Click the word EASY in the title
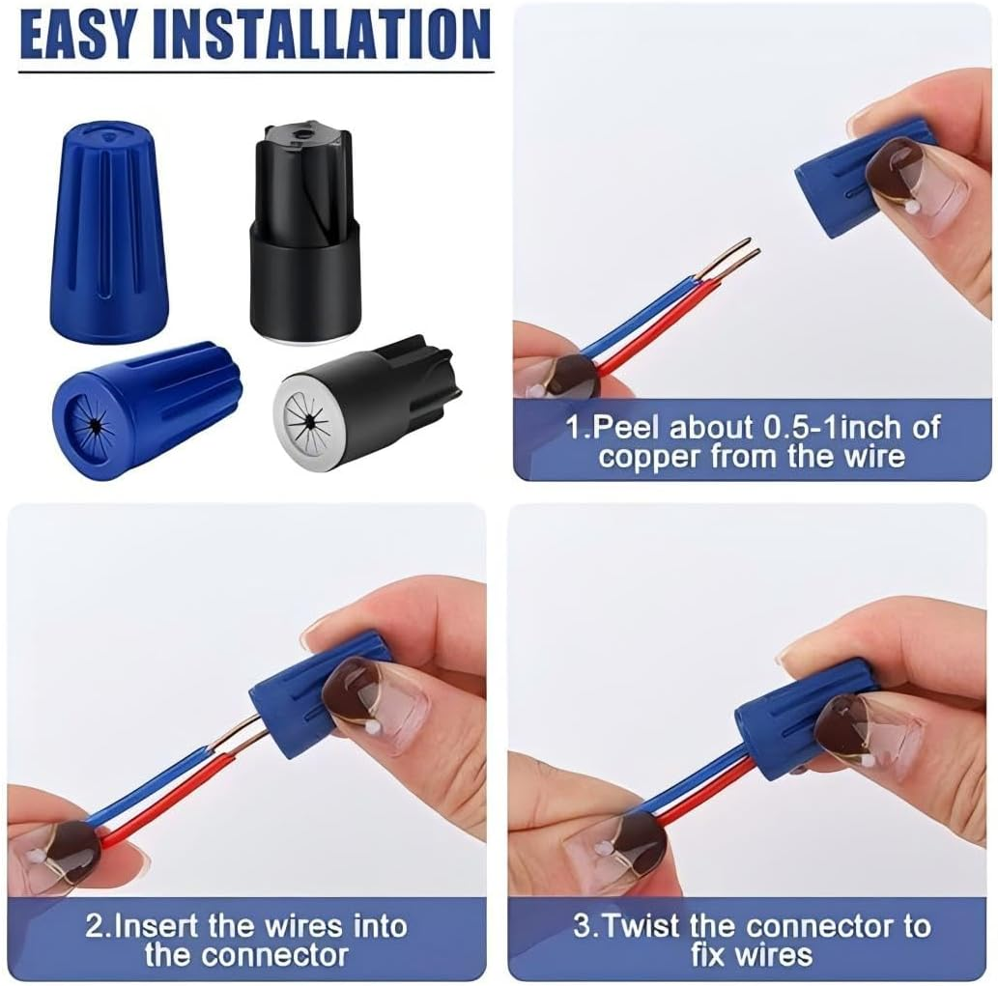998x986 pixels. point(78,36)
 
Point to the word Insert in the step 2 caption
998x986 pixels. point(157,926)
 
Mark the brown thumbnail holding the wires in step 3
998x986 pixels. point(628,838)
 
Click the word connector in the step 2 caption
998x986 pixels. point(274,955)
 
